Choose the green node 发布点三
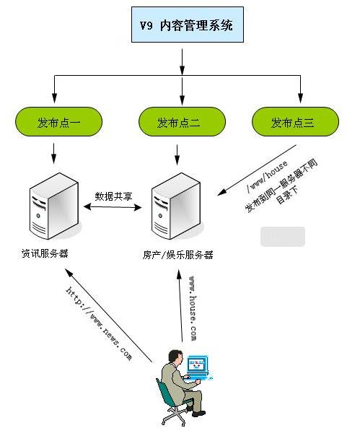294,122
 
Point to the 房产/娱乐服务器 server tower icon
175,209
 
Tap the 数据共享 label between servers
113,196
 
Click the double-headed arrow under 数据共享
113,208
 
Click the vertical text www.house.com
193,307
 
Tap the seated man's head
173,356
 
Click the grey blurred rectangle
283,237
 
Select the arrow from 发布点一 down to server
55,152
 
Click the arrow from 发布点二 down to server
177,152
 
